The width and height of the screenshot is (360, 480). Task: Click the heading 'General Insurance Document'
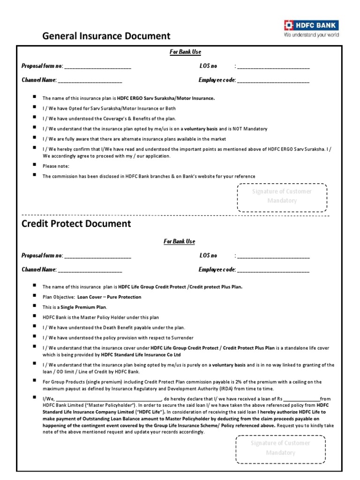(x=106, y=36)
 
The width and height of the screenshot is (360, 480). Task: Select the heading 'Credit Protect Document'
(x=76, y=224)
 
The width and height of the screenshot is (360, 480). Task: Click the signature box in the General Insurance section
(x=282, y=196)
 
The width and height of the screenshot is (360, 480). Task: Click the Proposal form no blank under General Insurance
(x=97, y=67)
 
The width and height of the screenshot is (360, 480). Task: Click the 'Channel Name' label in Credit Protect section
(x=39, y=270)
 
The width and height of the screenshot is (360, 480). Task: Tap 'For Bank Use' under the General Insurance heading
(x=185, y=52)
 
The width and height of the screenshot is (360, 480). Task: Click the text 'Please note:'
(x=56, y=166)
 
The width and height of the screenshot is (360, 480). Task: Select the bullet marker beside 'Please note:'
(x=35, y=165)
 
